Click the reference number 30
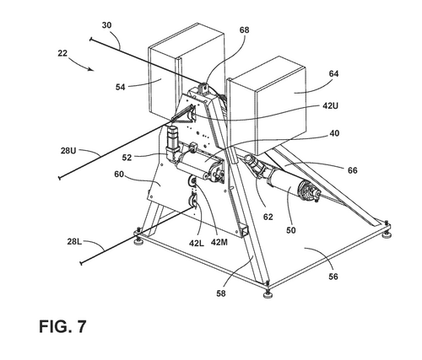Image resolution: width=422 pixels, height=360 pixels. [106, 25]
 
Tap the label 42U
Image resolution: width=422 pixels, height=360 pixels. [330, 106]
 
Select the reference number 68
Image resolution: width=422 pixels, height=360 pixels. [244, 30]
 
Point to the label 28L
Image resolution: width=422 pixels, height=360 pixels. [74, 241]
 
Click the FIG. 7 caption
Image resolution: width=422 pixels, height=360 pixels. [62, 326]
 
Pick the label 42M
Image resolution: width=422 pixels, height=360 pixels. [219, 242]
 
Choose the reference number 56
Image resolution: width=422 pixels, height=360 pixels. [333, 277]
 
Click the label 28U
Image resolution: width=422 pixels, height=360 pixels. [68, 151]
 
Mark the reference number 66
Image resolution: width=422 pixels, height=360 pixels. [352, 170]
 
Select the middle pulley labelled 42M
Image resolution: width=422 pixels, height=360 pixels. [192, 182]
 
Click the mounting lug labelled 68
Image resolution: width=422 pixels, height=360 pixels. [204, 87]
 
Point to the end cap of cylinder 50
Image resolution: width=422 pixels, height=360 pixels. [310, 191]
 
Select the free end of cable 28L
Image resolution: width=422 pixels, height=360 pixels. [82, 263]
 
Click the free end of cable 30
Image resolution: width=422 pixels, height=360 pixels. [90, 39]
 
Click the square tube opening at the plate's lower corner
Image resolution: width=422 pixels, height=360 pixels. [244, 230]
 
